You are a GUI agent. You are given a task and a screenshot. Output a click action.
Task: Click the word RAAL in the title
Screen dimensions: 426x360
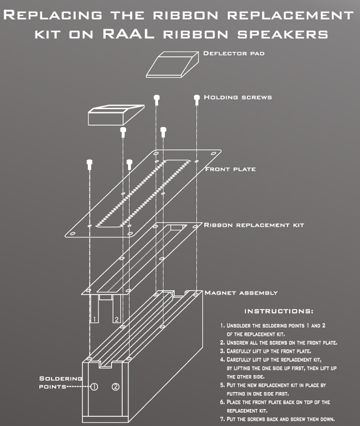[133, 34]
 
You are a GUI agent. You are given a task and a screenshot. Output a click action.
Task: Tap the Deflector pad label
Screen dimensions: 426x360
[233, 54]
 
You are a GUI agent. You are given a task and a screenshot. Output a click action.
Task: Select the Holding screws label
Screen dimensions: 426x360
[238, 97]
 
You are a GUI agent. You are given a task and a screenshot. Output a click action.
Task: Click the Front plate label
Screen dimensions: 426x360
[230, 169]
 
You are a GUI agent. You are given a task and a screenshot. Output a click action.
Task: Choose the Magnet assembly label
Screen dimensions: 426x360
[241, 293]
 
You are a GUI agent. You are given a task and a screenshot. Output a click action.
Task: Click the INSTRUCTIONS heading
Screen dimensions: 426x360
[278, 311]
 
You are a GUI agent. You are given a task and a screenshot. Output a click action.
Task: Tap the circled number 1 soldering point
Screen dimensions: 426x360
[94, 387]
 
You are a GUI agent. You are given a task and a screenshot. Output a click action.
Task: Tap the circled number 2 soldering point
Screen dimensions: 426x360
[116, 387]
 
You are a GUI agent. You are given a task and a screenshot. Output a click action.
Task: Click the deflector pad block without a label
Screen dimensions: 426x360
[114, 115]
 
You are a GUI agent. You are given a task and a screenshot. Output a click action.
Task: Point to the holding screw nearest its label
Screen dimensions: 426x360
[196, 98]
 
